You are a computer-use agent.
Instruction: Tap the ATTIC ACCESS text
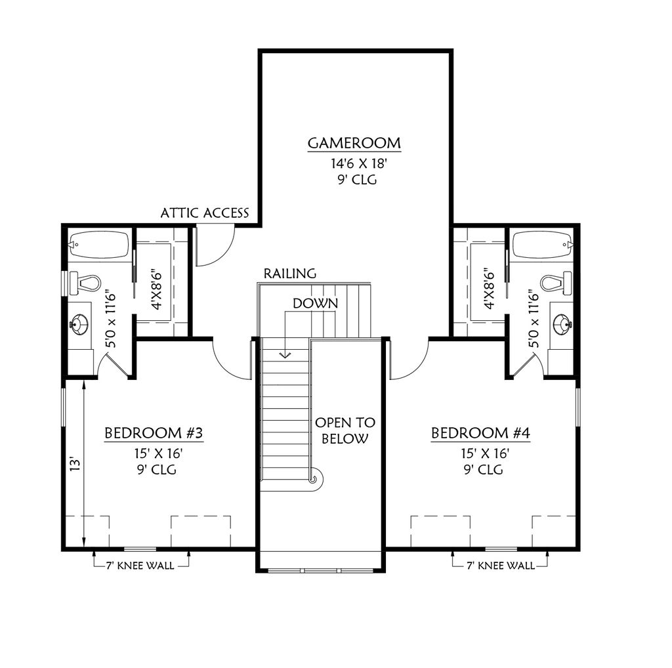point(205,213)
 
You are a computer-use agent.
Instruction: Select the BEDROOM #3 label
point(157,433)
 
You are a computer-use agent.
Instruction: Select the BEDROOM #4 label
point(480,433)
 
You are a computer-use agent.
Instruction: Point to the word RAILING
point(290,273)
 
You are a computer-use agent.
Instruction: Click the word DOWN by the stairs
point(316,303)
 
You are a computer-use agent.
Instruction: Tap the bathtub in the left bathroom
point(98,245)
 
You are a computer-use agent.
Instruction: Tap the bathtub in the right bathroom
point(542,245)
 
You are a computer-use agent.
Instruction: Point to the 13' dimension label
point(75,464)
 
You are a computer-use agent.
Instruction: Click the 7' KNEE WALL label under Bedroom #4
point(499,565)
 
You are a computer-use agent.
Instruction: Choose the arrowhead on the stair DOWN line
point(285,355)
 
